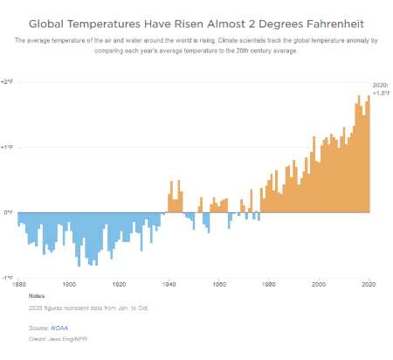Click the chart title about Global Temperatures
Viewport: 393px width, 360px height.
196,21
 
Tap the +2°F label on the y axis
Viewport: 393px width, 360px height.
7,81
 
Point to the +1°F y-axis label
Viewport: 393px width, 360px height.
7,147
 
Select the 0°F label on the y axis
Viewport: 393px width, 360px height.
6,212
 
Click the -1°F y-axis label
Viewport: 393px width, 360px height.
7,278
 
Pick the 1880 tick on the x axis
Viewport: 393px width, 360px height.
18,284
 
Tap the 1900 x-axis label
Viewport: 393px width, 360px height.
68,284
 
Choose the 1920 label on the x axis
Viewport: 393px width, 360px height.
119,284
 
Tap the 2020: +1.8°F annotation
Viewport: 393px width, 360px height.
380,88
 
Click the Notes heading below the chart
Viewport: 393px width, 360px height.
38,295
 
